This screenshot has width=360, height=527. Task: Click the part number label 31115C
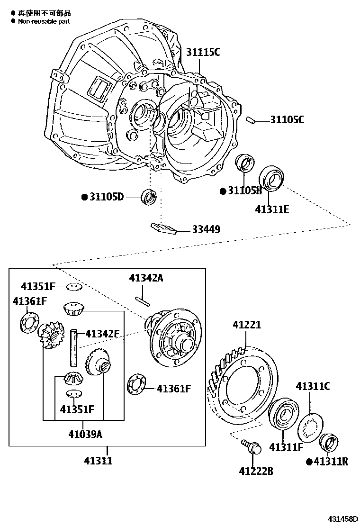pyautogui.click(x=203, y=52)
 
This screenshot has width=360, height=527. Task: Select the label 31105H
pyautogui.click(x=244, y=191)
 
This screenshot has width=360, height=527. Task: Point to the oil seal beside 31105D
pyautogui.click(x=149, y=196)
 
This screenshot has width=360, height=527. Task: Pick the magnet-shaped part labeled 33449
pyautogui.click(x=163, y=228)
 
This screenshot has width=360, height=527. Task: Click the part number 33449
pyautogui.click(x=206, y=229)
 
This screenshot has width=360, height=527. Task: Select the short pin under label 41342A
pyautogui.click(x=142, y=299)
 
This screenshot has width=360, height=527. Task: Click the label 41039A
pyautogui.click(x=85, y=434)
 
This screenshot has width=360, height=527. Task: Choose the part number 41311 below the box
pyautogui.click(x=98, y=460)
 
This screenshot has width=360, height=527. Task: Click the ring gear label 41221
pyautogui.click(x=247, y=325)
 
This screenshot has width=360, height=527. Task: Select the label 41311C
pyautogui.click(x=313, y=386)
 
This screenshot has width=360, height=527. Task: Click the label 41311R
pyautogui.click(x=331, y=461)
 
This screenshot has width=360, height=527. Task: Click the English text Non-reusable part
pyautogui.click(x=44, y=21)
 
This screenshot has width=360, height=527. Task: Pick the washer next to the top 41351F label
pyautogui.click(x=74, y=287)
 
